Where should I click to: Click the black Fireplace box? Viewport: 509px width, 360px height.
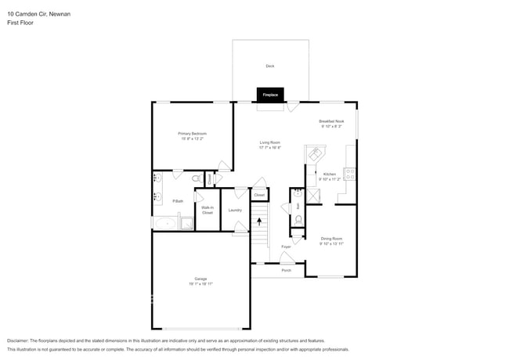269,95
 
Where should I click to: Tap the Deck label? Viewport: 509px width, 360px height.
269,66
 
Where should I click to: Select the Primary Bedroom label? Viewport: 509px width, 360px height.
192,134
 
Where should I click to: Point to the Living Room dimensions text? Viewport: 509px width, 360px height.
270,147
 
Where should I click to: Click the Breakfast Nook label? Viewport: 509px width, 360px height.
330,121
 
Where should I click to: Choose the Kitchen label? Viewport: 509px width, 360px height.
330,174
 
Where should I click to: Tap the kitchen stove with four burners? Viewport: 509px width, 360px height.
350,174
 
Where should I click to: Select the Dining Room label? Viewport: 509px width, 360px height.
331,238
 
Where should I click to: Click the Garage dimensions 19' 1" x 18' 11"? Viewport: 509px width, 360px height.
201,284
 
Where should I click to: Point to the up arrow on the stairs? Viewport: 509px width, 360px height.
259,222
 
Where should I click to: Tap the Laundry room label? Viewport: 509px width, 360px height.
234,210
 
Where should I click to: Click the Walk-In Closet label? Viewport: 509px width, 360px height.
208,210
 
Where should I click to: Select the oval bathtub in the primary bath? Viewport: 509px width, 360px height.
165,224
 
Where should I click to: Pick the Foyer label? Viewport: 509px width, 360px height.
286,247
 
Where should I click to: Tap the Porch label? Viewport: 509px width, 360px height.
287,270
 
